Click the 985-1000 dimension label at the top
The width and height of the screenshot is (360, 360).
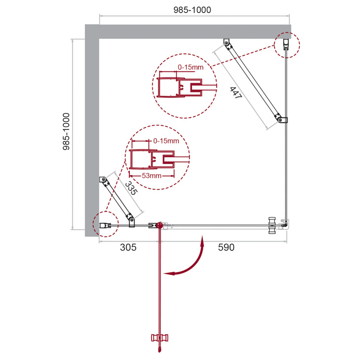[192, 10]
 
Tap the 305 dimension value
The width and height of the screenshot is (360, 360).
[128, 247]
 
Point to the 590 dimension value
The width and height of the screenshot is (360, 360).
[226, 247]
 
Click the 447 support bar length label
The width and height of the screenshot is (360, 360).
[236, 93]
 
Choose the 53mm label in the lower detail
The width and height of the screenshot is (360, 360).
[151, 176]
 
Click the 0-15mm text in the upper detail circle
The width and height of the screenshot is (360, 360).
[190, 67]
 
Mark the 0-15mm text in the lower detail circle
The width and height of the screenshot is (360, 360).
[166, 141]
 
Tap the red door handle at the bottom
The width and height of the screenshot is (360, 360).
[160, 338]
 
